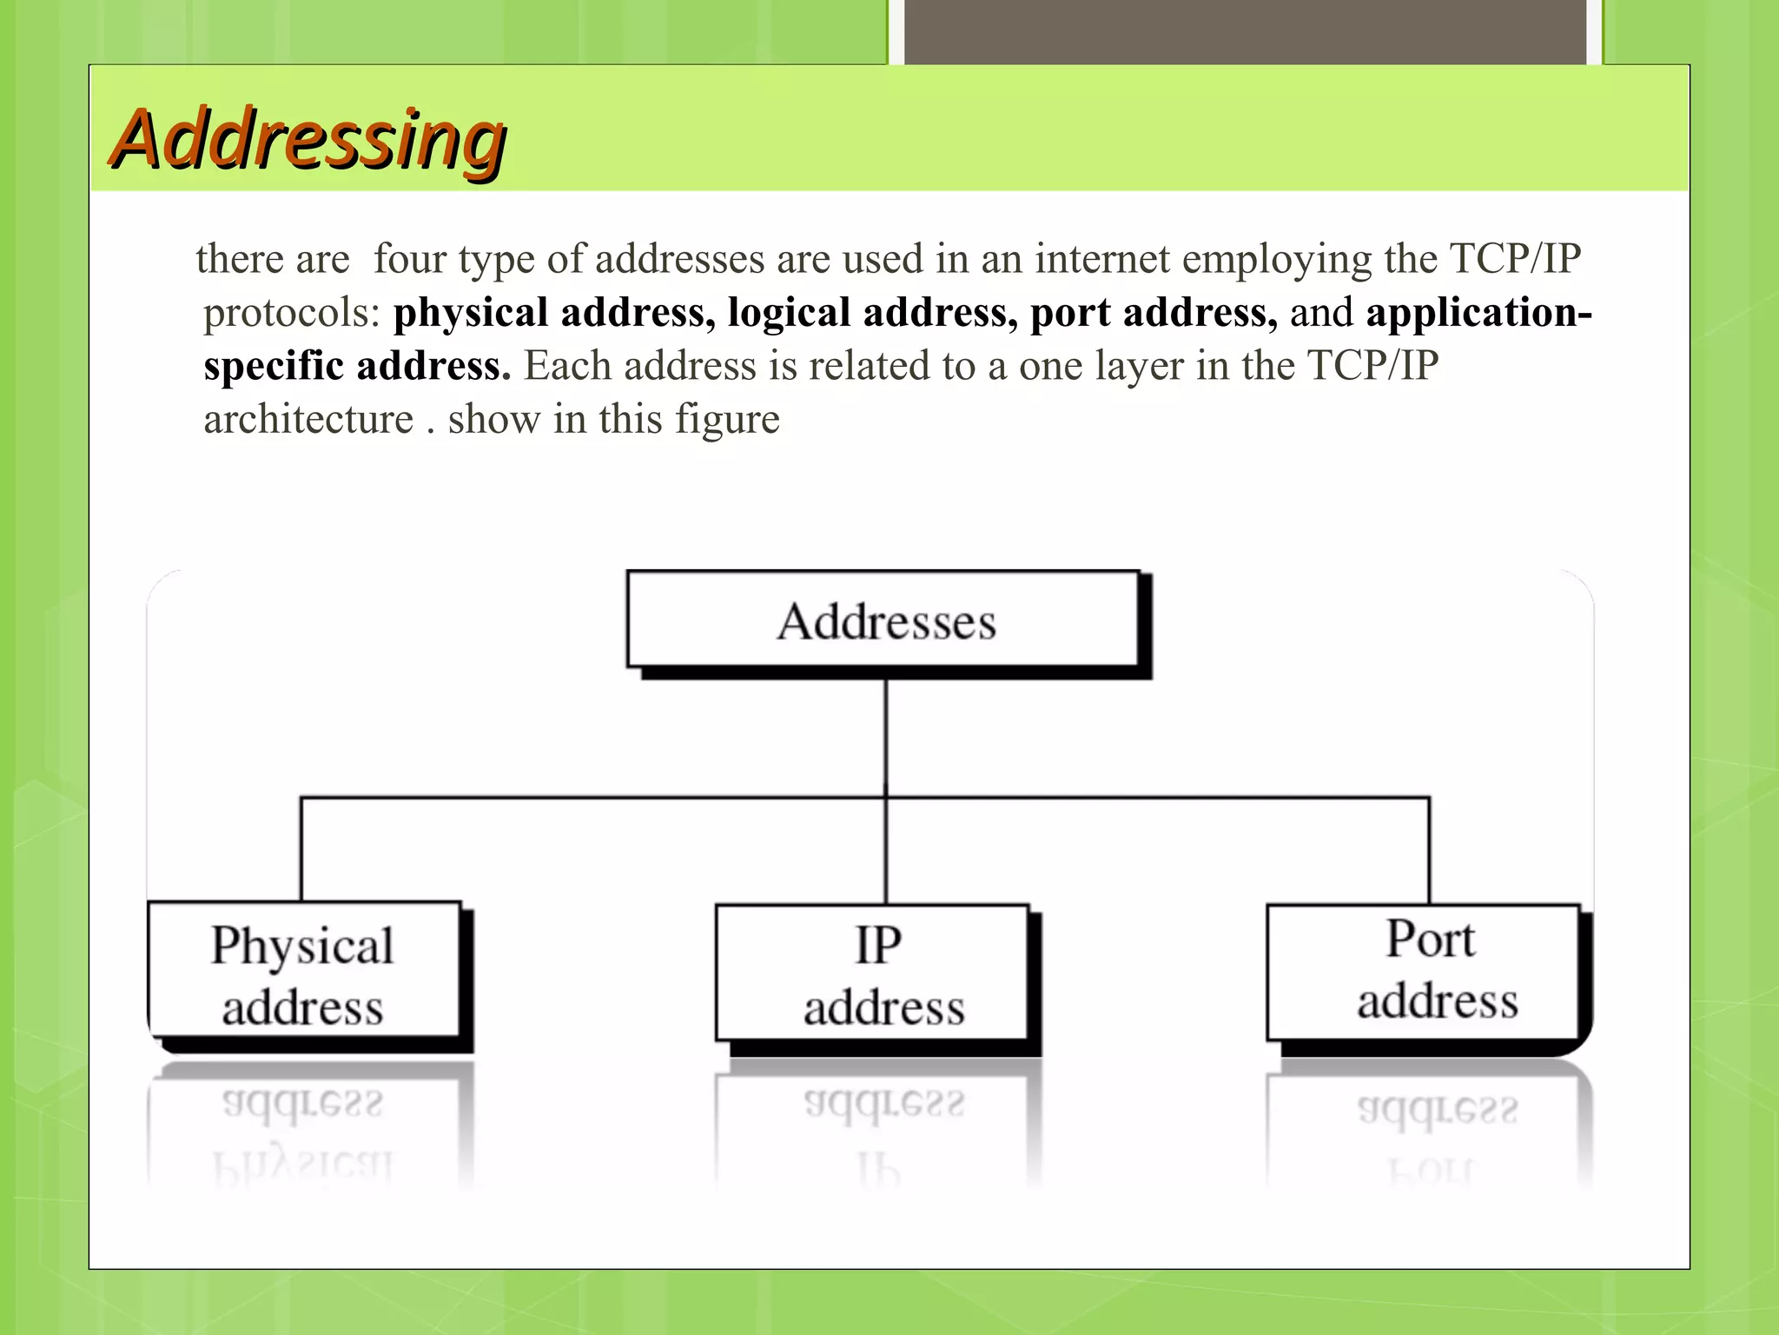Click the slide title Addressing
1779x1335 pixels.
tap(309, 139)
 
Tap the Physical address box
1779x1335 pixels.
tap(304, 971)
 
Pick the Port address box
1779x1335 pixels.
tap(1423, 972)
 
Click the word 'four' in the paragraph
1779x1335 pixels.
tap(409, 259)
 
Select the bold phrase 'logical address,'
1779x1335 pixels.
tap(872, 313)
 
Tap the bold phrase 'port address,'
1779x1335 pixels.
tap(1154, 313)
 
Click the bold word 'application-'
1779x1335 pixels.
tap(1478, 313)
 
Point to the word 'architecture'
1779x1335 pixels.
tap(308, 420)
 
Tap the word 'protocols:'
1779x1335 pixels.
tap(292, 313)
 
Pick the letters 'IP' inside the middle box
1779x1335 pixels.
tap(878, 945)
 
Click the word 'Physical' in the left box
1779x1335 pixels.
tap(302, 946)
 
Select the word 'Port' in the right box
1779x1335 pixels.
tap(1430, 939)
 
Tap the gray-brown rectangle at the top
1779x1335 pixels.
tap(1245, 32)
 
